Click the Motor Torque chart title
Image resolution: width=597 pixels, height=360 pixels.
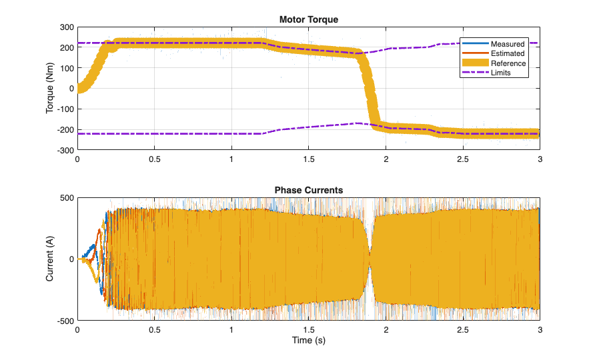308,20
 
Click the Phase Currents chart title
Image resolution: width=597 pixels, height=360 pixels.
308,191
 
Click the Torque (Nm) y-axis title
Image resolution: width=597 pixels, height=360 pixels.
50,89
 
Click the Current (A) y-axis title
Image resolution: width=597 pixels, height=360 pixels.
50,259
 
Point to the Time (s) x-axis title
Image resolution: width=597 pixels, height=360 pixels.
308,341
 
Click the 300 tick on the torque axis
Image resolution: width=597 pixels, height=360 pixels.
65,27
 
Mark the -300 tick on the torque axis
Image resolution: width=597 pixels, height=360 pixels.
64,151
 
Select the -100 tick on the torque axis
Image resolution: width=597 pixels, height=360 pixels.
64,109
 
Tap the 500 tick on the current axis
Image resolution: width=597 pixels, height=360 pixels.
65,198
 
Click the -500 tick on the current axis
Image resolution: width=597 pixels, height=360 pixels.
64,321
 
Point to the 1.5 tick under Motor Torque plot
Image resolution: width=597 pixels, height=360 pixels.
308,160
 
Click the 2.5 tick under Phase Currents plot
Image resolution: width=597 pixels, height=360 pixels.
462,330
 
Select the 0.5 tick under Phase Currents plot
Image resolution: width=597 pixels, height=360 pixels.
154,330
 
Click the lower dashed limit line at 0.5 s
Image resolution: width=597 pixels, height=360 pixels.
154,134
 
